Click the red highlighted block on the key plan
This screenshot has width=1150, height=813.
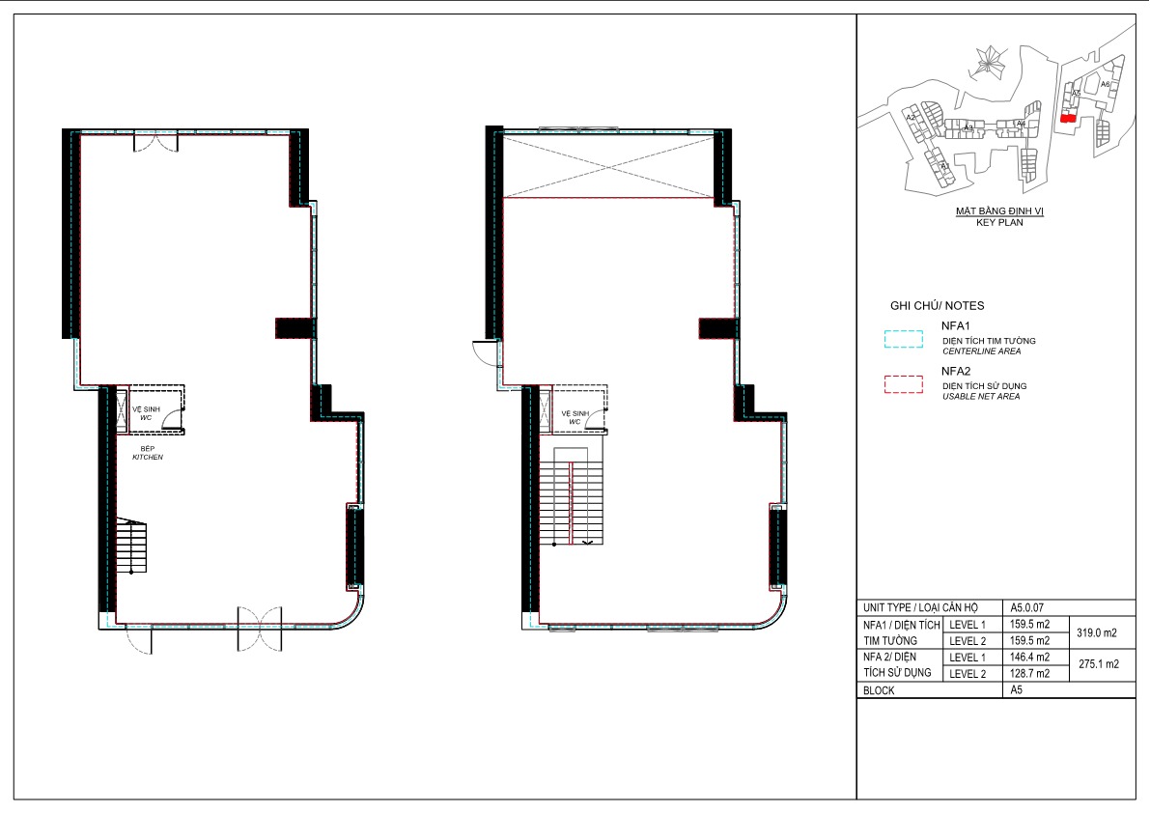tap(1067, 118)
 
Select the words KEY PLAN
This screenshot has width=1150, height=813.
tap(998, 221)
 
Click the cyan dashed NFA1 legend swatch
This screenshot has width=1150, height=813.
tap(904, 339)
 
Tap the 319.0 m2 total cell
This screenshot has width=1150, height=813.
tap(1097, 633)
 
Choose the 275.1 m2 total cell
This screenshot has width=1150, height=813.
tap(1097, 664)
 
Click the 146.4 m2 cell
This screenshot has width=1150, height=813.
tap(1029, 657)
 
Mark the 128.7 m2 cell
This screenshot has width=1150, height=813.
tap(1029, 673)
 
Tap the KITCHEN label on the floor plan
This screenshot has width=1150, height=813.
tap(148, 457)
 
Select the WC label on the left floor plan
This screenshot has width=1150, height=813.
tap(145, 418)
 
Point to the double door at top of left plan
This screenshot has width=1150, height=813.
tap(154, 142)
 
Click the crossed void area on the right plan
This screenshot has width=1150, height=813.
tap(608, 165)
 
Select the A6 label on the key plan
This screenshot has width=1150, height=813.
tap(1105, 85)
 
